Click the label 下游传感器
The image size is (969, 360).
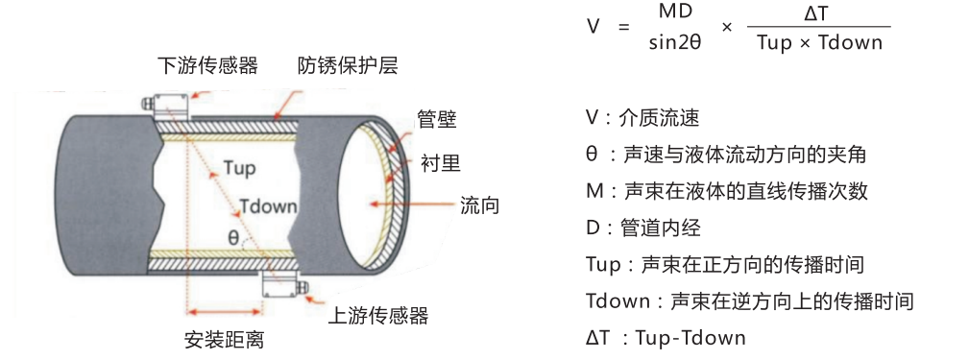pos(208,66)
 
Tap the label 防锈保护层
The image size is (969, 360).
pos(347,66)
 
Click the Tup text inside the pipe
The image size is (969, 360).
pos(238,168)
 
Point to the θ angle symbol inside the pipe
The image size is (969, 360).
pos(234,236)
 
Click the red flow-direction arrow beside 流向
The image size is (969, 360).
pos(413,204)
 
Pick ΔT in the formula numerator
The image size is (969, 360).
pos(815,12)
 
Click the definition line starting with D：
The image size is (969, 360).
pos(642,228)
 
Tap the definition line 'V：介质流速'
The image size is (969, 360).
pos(642,118)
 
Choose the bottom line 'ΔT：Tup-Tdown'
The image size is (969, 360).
pos(665,337)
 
